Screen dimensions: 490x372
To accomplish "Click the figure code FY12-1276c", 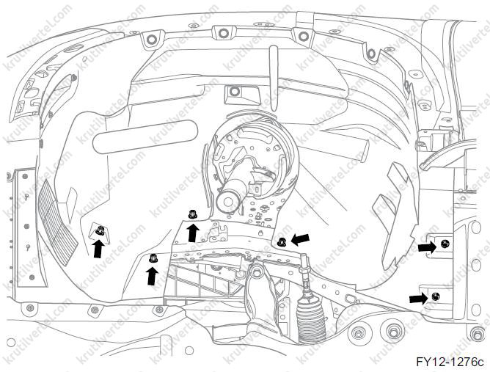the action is pos(450,362).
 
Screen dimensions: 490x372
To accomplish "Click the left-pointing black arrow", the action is pos(300,239).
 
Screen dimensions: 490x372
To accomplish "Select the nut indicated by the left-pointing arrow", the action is pos(282,241).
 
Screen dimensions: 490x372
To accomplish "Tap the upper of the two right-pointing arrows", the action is pos(427,247).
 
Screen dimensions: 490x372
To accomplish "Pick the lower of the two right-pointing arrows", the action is pos(418,298).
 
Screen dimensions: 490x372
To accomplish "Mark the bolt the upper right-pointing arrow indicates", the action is pos(445,244).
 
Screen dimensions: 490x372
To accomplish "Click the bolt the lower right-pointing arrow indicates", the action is pos(435,296).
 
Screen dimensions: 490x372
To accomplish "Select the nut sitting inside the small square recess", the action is pos(100,230).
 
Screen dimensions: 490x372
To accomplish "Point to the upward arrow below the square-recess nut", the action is pos(99,249).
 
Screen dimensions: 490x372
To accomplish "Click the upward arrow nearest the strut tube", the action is pos(193,233).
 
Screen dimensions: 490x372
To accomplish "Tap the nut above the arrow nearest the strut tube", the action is pos(192,214).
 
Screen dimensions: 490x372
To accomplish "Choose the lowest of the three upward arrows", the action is pos(152,276).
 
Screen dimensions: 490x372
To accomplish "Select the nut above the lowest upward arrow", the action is pos(153,258).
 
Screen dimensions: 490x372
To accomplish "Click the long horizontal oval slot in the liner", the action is pos(145,137).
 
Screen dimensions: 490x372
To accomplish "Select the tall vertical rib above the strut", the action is pos(274,79).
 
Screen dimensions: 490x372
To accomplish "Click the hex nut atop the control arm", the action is pos(256,271).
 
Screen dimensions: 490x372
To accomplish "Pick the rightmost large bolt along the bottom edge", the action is pos(477,334).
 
